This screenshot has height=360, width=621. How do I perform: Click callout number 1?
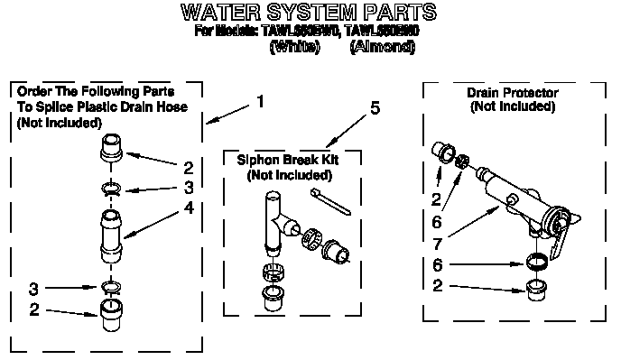point(261,102)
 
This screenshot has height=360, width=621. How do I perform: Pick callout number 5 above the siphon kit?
point(374,109)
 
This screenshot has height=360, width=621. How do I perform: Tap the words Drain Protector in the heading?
point(512,93)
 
